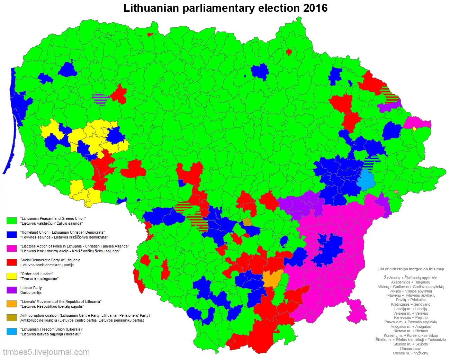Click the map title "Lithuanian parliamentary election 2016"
225,8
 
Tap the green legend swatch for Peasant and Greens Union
11,221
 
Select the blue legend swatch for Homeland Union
11,235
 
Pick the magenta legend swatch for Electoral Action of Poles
11,249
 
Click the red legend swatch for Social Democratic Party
11,262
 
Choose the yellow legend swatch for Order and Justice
11,276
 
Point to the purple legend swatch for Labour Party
11,290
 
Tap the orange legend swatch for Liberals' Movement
11,304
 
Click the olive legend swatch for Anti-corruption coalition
11,318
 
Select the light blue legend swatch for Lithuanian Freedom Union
11,332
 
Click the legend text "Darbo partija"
31,292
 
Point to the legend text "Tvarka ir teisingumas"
39,279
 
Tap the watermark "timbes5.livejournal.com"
46,352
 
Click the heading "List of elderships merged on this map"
411,269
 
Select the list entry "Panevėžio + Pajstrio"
411,317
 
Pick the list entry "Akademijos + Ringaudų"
411,282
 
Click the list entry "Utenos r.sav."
411,349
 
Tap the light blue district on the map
366,179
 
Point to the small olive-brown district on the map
247,222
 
